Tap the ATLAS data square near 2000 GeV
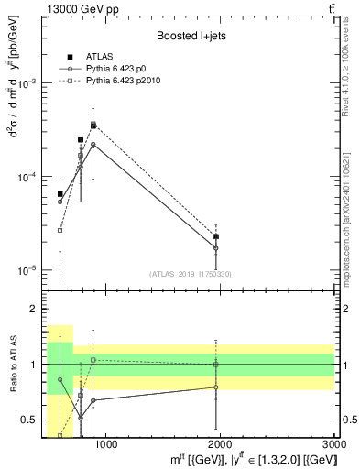(x=216, y=236)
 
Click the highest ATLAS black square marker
(x=93, y=125)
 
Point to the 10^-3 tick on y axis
(x=31, y=82)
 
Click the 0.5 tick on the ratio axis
(x=33, y=420)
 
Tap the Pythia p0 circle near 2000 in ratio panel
(x=216, y=387)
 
